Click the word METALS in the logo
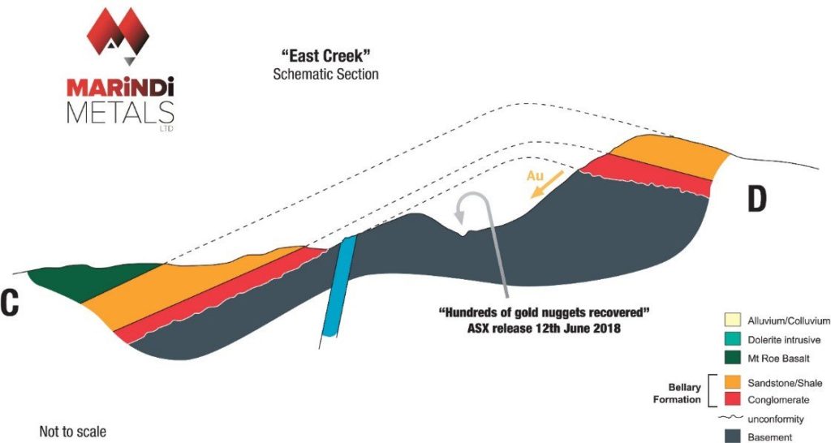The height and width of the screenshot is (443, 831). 120,112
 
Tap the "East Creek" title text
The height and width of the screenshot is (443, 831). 326,56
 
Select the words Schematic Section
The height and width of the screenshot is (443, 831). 326,74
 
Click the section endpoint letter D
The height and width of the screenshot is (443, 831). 756,200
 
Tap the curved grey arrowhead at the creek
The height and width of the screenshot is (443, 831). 459,216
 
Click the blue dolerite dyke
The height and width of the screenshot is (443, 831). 339,286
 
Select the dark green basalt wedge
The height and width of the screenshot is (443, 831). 90,281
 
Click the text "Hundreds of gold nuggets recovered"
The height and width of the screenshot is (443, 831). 544,312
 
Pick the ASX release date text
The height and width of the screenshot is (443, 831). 544,328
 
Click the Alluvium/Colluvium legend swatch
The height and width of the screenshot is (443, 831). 732,320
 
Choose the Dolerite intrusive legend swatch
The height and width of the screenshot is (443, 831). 732,340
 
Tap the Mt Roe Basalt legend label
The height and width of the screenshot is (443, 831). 778,359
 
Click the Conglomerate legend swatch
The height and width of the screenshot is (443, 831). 732,400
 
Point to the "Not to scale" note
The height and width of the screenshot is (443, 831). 72,432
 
